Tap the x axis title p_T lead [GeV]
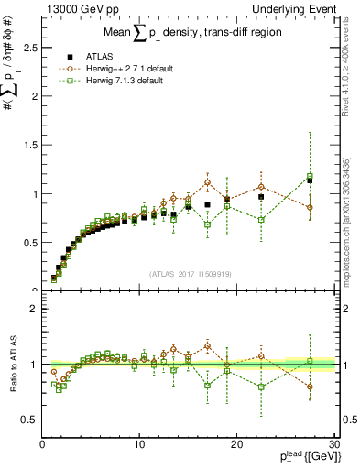(x=305, y=457)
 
